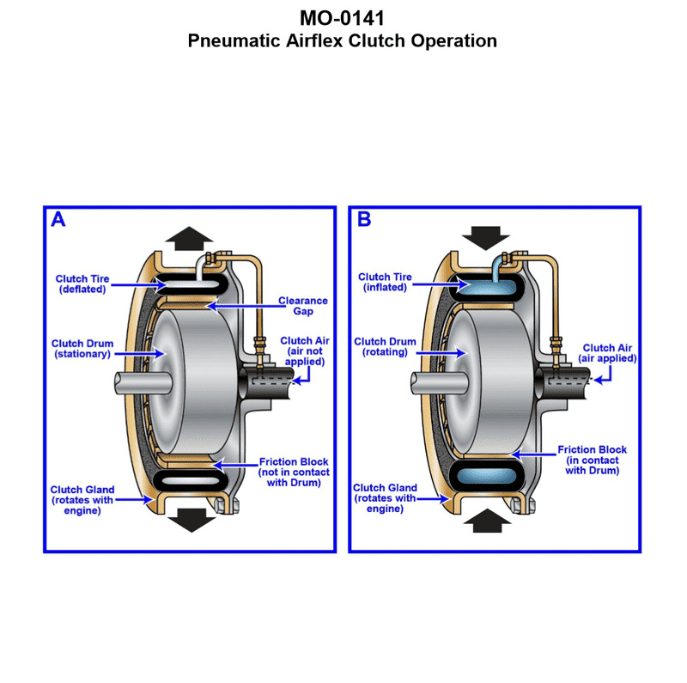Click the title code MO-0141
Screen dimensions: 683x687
pos(343,19)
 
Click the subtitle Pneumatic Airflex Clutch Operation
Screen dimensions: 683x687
pos(343,40)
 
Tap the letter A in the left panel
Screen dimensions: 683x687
pos(58,220)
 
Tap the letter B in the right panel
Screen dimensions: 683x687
pos(364,220)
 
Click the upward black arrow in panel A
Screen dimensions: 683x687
pos(188,237)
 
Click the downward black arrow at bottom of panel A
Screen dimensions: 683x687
pos(188,520)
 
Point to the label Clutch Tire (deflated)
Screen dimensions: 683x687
pos(82,284)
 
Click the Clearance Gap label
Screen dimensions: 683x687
pos(303,306)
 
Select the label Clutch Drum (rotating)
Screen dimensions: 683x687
pos(385,347)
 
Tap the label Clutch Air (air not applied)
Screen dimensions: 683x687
pos(303,351)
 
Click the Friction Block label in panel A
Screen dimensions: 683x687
pos(293,472)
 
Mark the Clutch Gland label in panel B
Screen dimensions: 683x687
pos(385,497)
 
